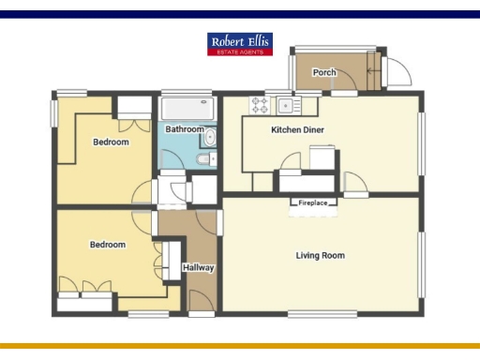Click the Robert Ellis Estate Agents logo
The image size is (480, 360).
(240, 44)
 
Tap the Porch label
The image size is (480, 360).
(324, 72)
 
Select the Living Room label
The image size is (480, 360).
(320, 255)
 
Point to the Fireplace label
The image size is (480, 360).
(313, 202)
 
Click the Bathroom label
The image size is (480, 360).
(185, 129)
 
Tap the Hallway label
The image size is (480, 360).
(199, 268)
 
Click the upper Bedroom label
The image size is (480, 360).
(111, 142)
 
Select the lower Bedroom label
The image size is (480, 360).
(108, 245)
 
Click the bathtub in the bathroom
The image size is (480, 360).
(187, 108)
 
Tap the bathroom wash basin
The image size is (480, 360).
(210, 139)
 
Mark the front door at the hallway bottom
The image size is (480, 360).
(201, 299)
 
